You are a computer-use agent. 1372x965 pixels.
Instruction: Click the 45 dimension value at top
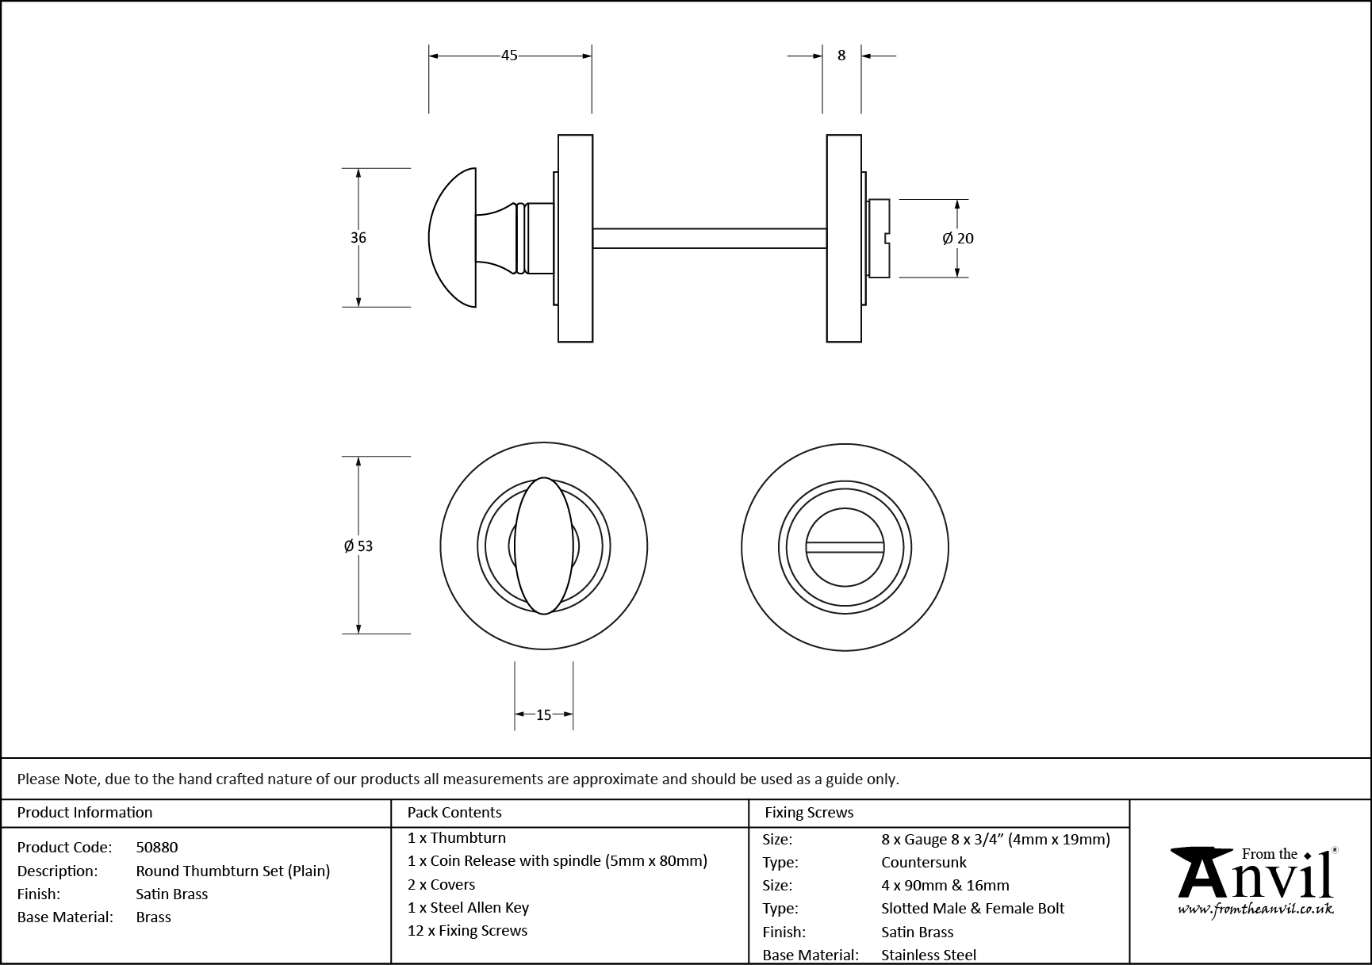[509, 56]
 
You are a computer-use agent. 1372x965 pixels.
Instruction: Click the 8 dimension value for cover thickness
[841, 56]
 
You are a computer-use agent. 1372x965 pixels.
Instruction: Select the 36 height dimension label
[358, 238]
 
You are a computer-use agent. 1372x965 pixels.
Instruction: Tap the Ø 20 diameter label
[958, 238]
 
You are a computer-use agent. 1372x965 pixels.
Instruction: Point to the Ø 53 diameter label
[358, 546]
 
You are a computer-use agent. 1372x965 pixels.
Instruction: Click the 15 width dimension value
[543, 715]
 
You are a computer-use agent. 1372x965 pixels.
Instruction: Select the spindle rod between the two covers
[710, 238]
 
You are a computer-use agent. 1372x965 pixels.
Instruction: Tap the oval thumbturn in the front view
[544, 546]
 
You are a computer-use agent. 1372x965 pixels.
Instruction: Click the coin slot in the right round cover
[845, 547]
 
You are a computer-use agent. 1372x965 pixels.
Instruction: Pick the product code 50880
[157, 848]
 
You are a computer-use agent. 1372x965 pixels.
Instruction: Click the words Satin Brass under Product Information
[172, 894]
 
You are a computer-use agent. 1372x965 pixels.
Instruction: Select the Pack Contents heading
[454, 813]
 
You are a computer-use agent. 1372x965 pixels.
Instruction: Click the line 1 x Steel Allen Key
[468, 908]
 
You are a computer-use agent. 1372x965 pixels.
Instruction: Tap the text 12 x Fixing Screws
[467, 931]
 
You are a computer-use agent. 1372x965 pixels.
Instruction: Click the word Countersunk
[924, 863]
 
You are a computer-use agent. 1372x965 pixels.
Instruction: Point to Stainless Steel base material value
[929, 955]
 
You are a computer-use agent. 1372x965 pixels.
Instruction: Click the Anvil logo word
[1253, 879]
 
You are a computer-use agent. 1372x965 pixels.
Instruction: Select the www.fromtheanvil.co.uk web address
[1255, 910]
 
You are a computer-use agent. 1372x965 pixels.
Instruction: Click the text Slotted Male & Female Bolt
[972, 909]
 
